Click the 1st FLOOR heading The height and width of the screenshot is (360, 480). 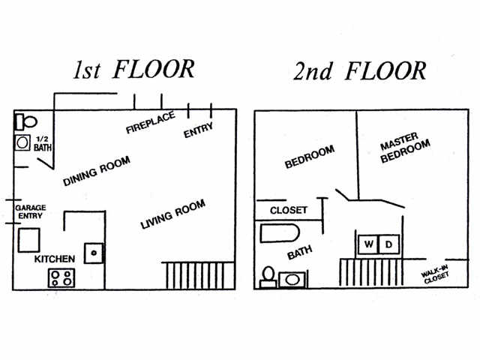133,69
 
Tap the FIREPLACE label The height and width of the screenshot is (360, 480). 150,121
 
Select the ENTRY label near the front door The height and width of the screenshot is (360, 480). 198,130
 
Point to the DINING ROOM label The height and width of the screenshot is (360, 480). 97,172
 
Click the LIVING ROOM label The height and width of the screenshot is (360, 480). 173,214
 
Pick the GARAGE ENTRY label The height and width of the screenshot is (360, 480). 31,211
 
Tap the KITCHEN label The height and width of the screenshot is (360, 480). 55,259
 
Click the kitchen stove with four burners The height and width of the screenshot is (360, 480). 61,277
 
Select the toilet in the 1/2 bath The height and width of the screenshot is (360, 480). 27,121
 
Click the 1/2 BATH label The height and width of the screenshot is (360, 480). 43,143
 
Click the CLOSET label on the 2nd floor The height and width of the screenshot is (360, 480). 289,210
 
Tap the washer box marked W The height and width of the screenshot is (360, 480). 369,244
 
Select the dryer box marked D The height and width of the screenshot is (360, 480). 388,244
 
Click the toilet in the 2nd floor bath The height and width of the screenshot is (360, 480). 268,277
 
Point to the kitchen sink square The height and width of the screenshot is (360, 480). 94,253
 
